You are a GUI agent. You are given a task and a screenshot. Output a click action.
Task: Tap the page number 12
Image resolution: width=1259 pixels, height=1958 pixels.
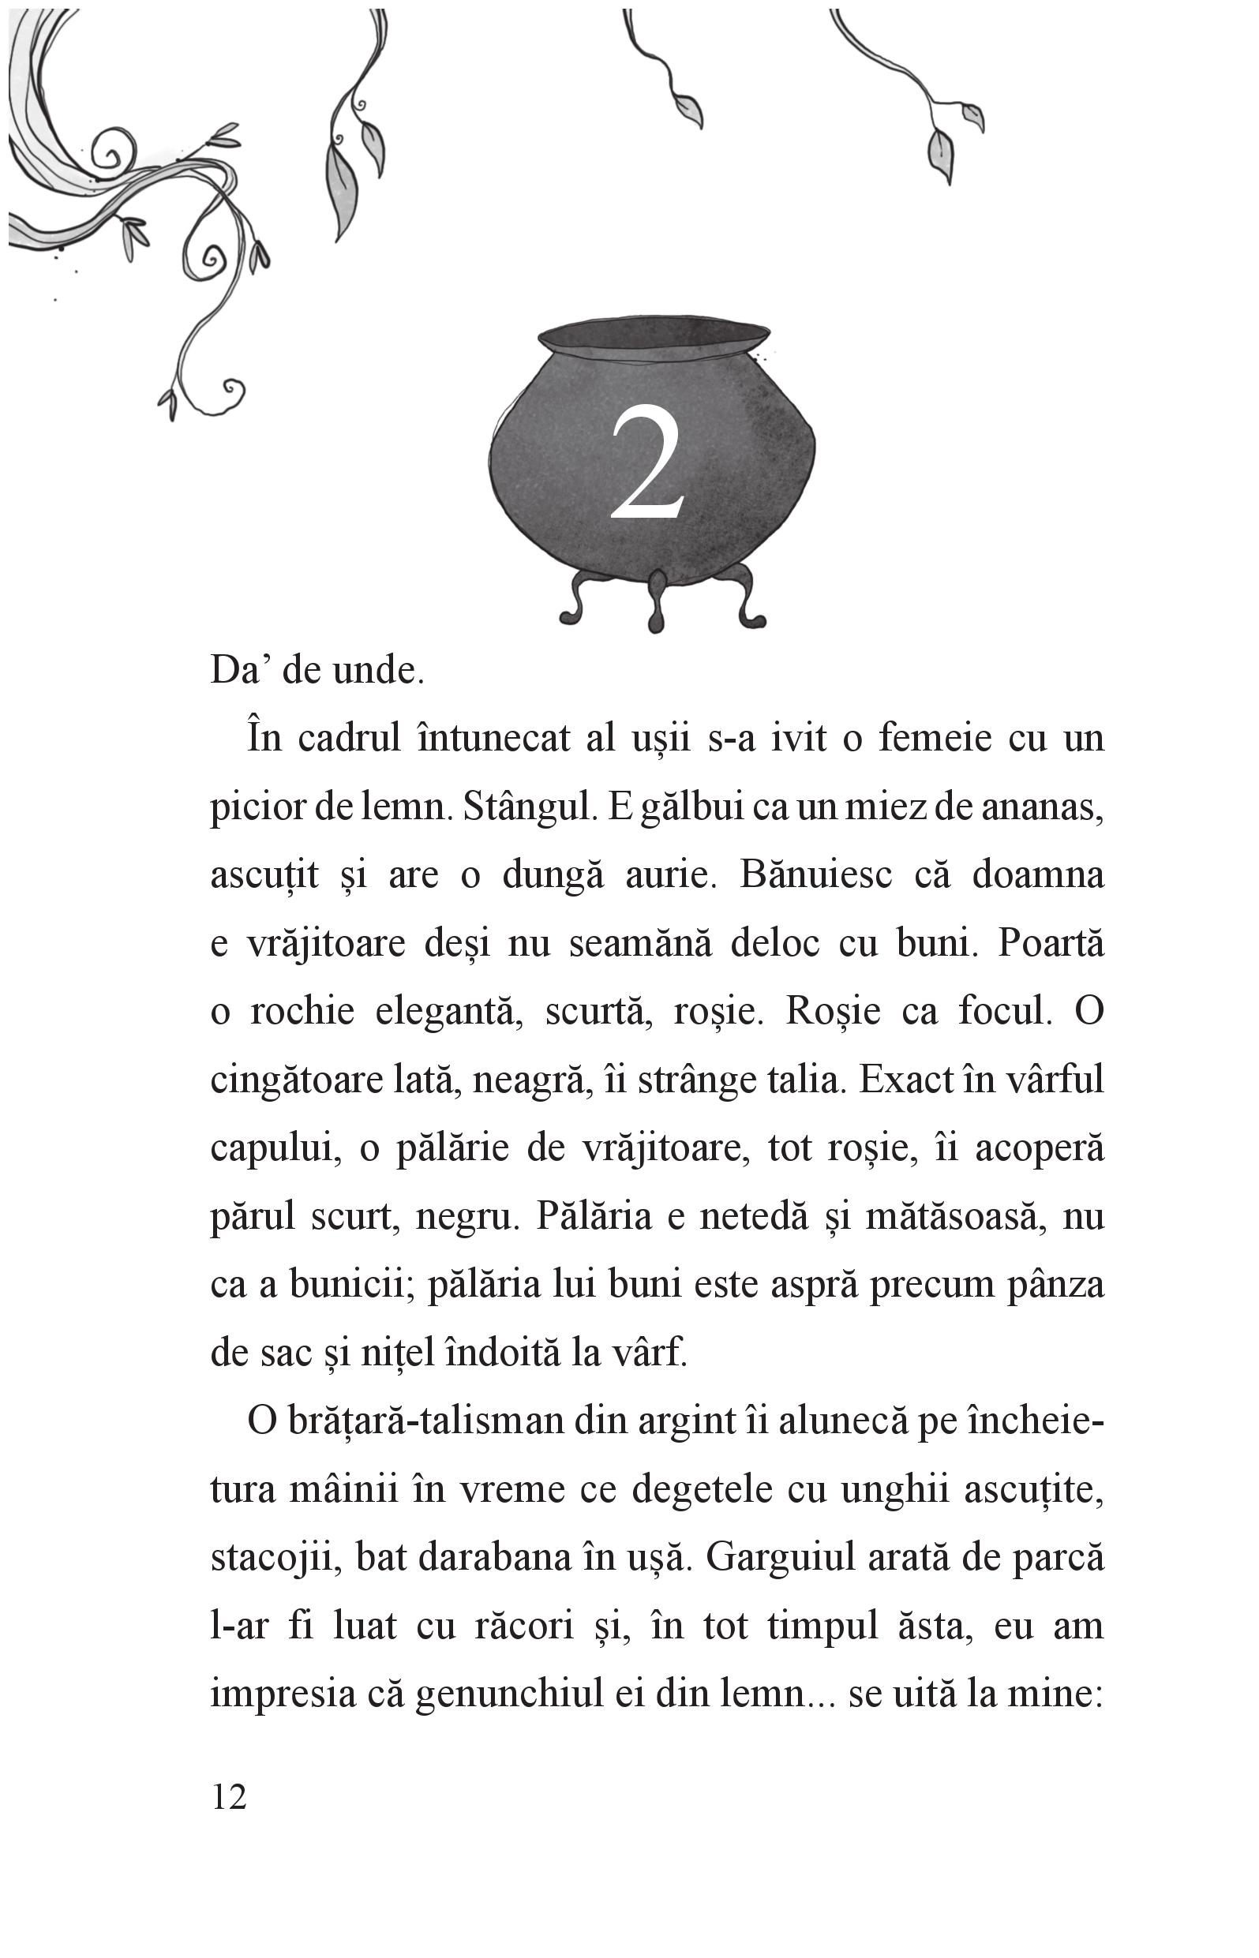229,1797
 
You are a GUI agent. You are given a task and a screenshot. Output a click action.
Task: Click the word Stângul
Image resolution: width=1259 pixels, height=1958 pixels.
528,807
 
